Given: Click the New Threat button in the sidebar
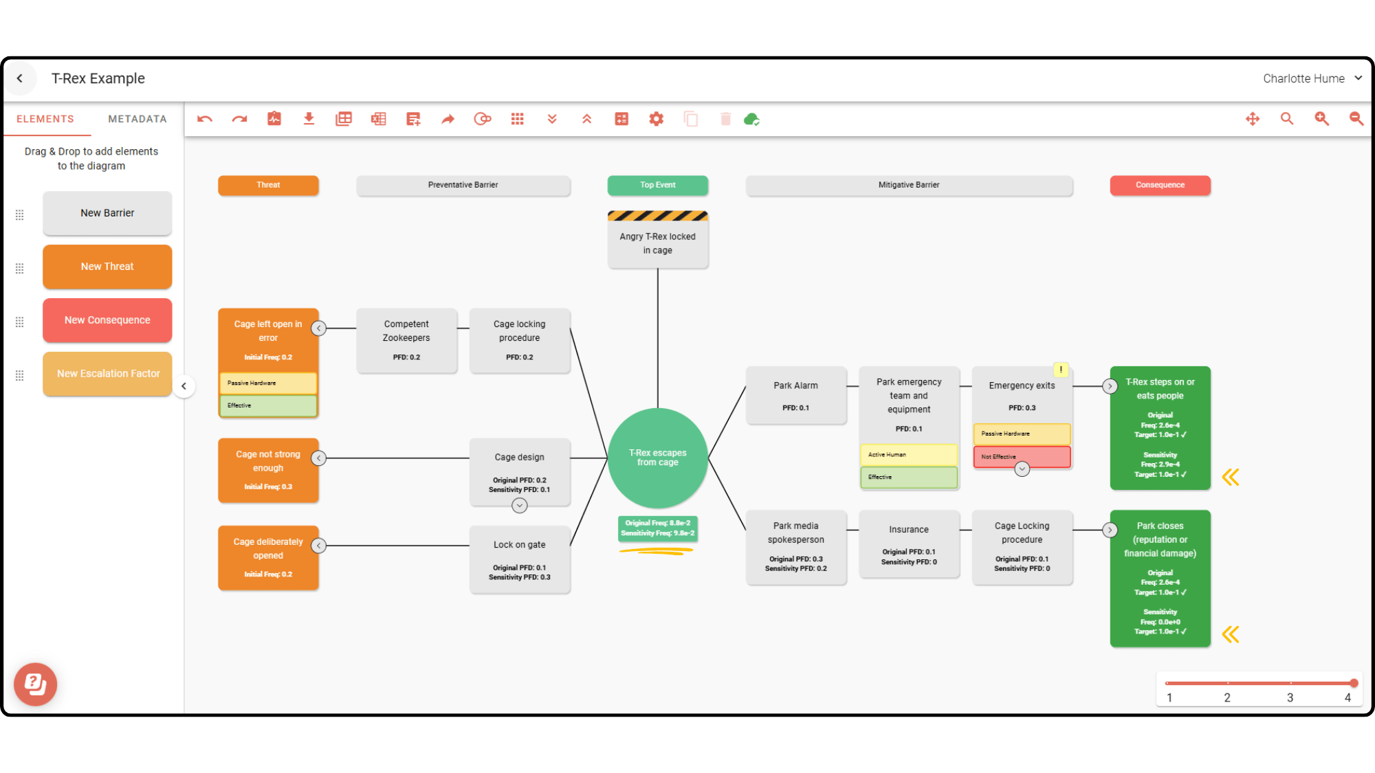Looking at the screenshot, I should click(x=107, y=267).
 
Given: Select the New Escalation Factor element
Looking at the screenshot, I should click(x=107, y=374).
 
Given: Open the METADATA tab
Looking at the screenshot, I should click(x=137, y=119).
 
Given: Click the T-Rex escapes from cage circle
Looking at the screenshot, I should click(x=657, y=458).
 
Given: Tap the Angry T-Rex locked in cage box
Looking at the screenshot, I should click(x=657, y=243).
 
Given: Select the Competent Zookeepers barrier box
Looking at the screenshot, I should click(x=406, y=340).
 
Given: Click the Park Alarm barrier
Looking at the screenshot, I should click(x=795, y=395).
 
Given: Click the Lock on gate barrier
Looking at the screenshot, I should click(x=519, y=558).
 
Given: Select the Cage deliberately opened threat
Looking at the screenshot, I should click(x=268, y=557).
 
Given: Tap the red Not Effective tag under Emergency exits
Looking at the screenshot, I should click(x=1021, y=456).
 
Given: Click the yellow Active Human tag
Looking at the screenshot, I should click(x=908, y=454).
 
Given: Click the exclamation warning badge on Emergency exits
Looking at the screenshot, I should click(x=1061, y=370).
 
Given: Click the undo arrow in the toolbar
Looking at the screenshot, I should click(x=204, y=119).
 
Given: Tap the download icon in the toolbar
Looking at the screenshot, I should click(x=309, y=119).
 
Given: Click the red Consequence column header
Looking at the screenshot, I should click(x=1160, y=185).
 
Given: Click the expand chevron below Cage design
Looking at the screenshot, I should click(x=519, y=506).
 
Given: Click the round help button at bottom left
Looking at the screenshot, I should click(x=36, y=684).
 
